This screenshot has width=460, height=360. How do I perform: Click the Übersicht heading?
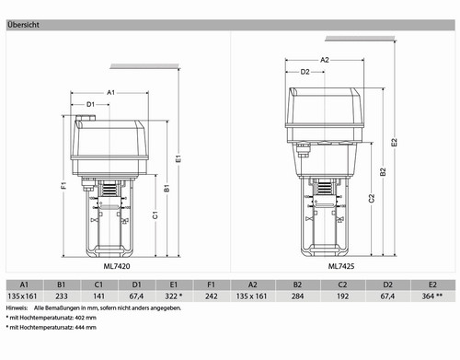(x=23, y=25)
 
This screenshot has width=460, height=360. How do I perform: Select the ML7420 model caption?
(x=117, y=266)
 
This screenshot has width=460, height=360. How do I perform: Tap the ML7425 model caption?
(x=341, y=266)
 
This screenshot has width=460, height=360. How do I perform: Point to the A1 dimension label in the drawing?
(x=110, y=92)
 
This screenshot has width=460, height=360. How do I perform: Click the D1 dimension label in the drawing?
(x=90, y=105)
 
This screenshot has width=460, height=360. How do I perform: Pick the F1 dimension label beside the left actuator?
(x=63, y=185)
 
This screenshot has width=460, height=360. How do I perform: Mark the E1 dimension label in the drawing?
(x=178, y=158)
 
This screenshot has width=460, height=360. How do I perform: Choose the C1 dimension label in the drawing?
(x=155, y=215)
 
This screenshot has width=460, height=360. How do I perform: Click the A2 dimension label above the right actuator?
(x=325, y=60)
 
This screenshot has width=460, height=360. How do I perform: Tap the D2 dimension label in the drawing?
(x=305, y=72)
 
